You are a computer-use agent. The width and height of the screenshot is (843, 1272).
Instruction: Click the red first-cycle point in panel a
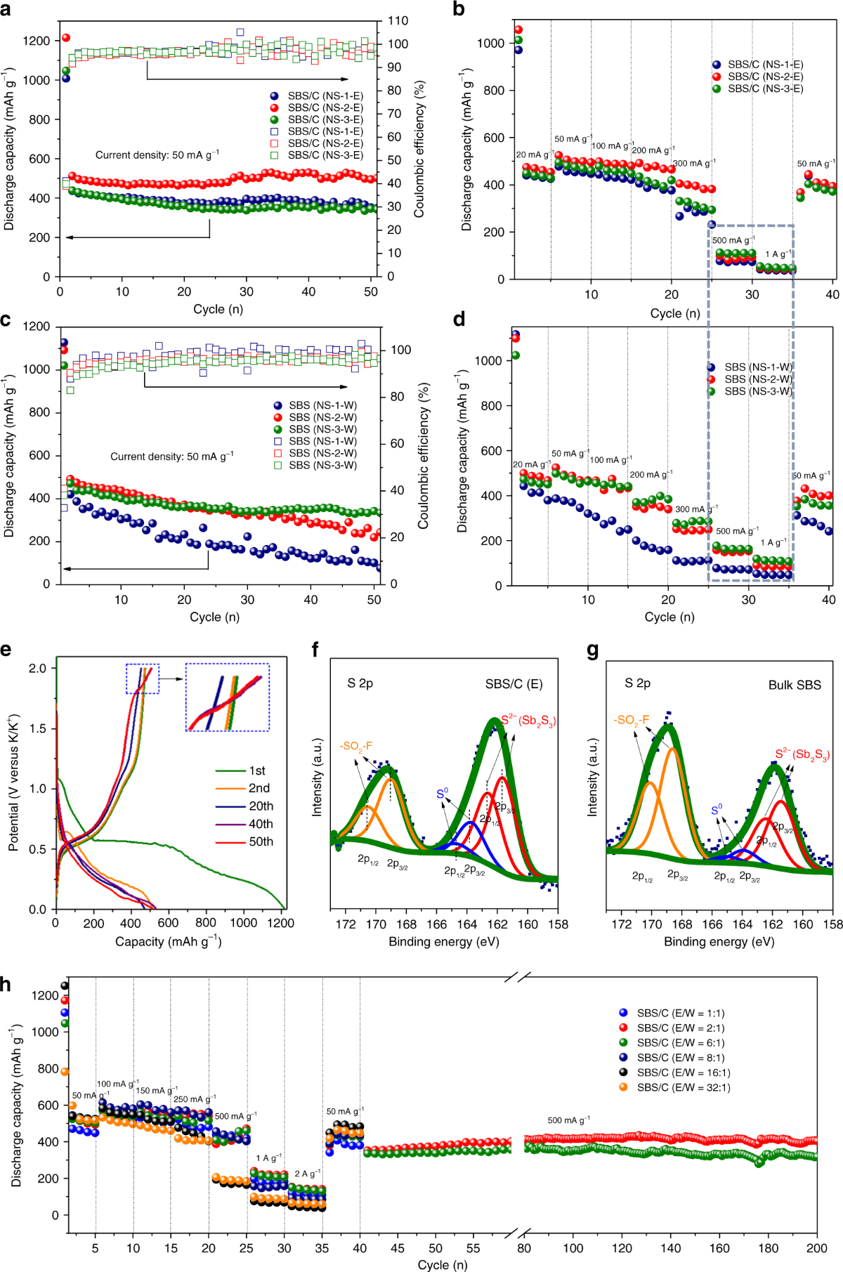pyautogui.click(x=66, y=38)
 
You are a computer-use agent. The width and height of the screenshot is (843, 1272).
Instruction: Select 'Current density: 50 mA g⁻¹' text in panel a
pyautogui.click(x=157, y=155)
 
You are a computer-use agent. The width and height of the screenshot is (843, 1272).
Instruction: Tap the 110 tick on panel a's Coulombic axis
pyautogui.click(x=398, y=21)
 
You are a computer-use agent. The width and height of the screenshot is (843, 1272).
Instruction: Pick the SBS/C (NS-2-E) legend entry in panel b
pyautogui.click(x=765, y=77)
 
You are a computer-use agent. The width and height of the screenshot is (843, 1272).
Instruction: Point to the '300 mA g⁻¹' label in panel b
pyautogui.click(x=694, y=163)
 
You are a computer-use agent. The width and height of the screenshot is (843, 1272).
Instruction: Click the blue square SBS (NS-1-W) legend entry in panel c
pyautogui.click(x=322, y=441)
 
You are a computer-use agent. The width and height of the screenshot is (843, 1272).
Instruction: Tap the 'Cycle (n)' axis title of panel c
pyautogui.click(x=214, y=617)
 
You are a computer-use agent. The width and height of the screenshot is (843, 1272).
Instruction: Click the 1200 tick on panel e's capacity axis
pyautogui.click(x=281, y=923)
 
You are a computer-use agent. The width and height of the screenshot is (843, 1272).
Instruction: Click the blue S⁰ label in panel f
pyautogui.click(x=442, y=794)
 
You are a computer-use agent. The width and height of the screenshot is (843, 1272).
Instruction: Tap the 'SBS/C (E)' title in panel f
pyautogui.click(x=514, y=684)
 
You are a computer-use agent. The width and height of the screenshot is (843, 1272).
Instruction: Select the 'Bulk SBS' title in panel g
pyautogui.click(x=794, y=685)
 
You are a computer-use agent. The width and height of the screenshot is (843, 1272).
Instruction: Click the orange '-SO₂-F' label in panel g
pyautogui.click(x=631, y=720)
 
